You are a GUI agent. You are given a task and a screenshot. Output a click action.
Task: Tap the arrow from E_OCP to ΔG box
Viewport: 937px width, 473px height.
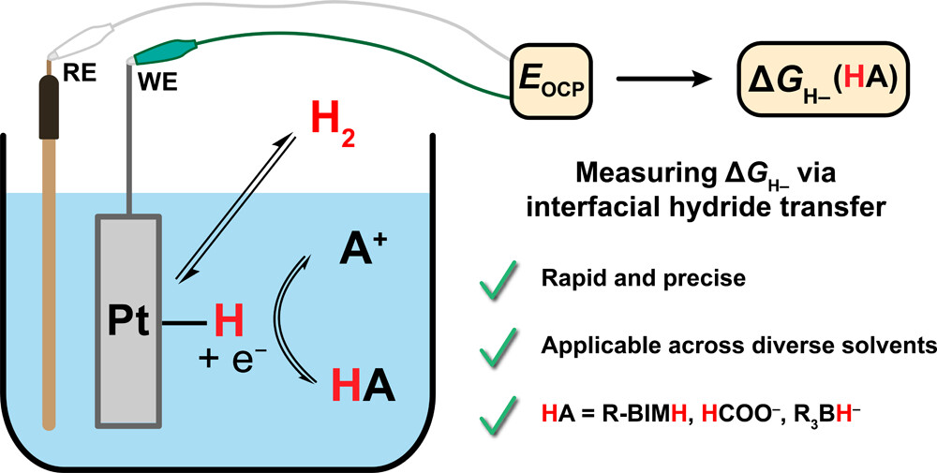coord(655,82)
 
